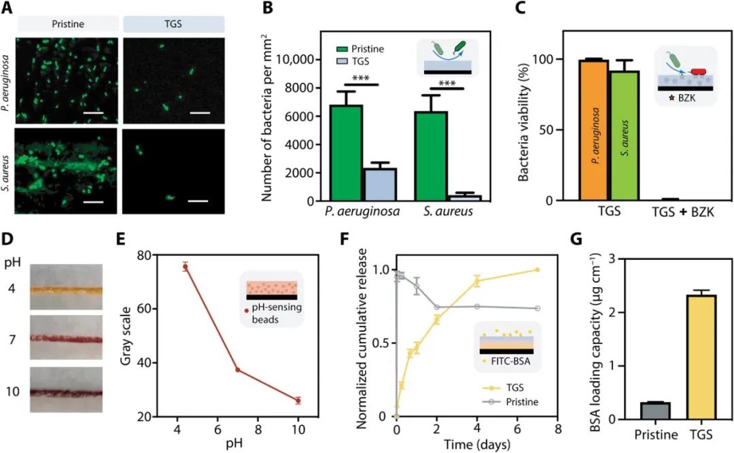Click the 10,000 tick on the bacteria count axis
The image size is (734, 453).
300,59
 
